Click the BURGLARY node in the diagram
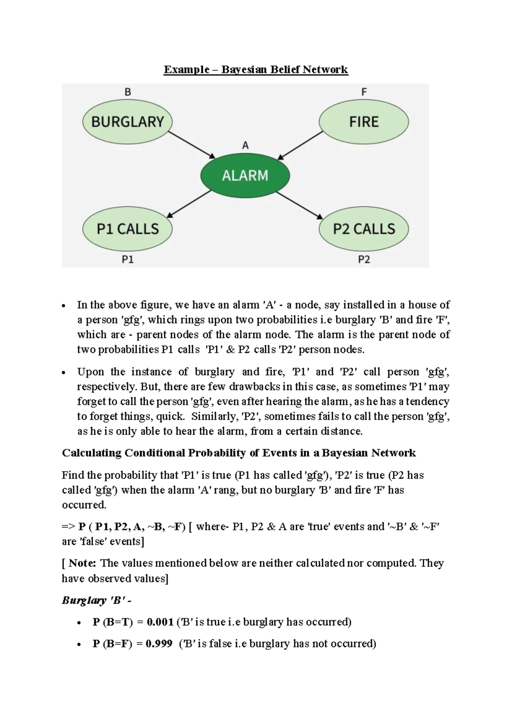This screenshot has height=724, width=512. click(x=127, y=122)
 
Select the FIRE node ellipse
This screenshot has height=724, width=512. click(x=364, y=122)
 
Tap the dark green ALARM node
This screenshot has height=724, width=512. click(x=245, y=175)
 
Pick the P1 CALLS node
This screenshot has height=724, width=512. click(x=127, y=229)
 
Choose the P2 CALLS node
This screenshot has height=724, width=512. click(x=364, y=229)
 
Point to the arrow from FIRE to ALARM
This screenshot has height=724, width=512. click(x=300, y=145)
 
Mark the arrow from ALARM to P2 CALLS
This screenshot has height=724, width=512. click(x=300, y=205)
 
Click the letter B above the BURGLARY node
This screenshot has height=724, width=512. click(x=128, y=92)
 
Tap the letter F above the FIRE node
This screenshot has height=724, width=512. click(x=364, y=92)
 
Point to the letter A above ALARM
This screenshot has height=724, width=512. click(x=245, y=146)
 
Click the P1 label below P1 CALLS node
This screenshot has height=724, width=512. click(x=128, y=259)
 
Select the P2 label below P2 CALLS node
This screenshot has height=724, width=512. click(x=364, y=259)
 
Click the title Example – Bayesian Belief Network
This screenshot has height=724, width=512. click(x=256, y=70)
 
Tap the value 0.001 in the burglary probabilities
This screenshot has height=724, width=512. click(x=160, y=622)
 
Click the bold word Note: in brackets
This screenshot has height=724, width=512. click(x=82, y=563)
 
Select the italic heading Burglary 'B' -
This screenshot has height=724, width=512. click(x=96, y=600)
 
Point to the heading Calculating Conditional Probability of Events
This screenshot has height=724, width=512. click(x=239, y=453)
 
